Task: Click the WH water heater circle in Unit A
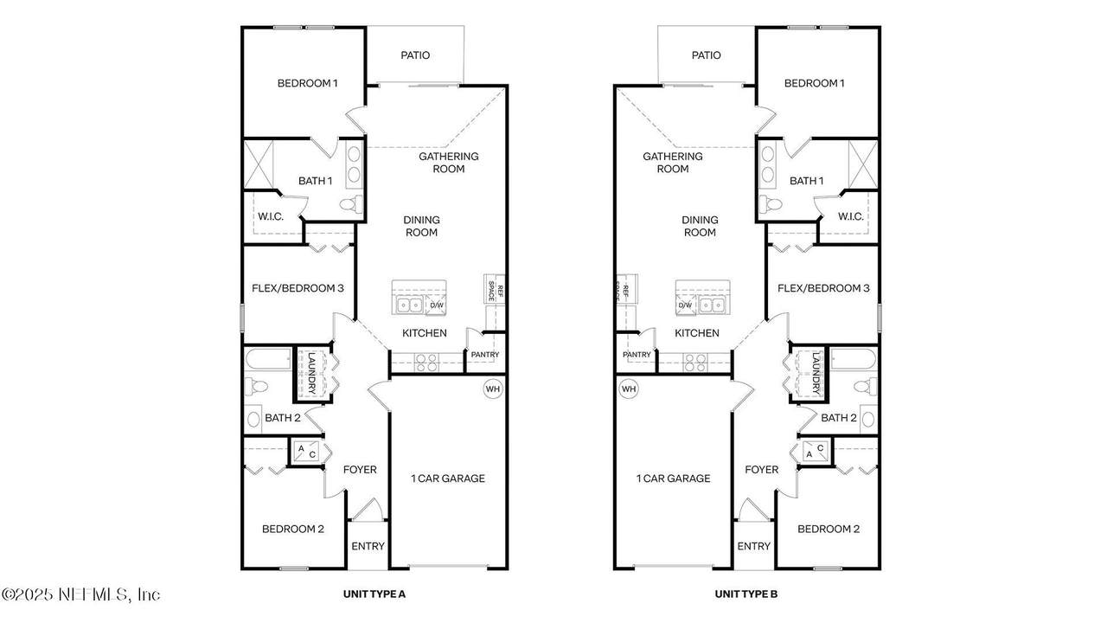pos(493,389)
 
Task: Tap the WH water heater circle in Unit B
pos(629,389)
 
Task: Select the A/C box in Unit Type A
pos(306,452)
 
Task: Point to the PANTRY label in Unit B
pos(637,355)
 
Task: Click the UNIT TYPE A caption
pos(374,594)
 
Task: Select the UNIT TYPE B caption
pos(745,594)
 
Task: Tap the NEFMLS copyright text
pos(80,594)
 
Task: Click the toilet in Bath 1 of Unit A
pos(351,204)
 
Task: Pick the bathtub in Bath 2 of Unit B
pos(853,359)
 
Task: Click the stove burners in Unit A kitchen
pos(426,363)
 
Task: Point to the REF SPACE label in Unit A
pos(495,290)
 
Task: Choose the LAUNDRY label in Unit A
pos(311,373)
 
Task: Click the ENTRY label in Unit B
pos(753,546)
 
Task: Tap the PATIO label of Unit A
pos(415,55)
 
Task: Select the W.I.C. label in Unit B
pos(850,216)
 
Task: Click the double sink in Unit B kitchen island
pos(711,305)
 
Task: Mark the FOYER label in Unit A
pos(360,469)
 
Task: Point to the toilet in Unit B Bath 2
pos(866,386)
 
